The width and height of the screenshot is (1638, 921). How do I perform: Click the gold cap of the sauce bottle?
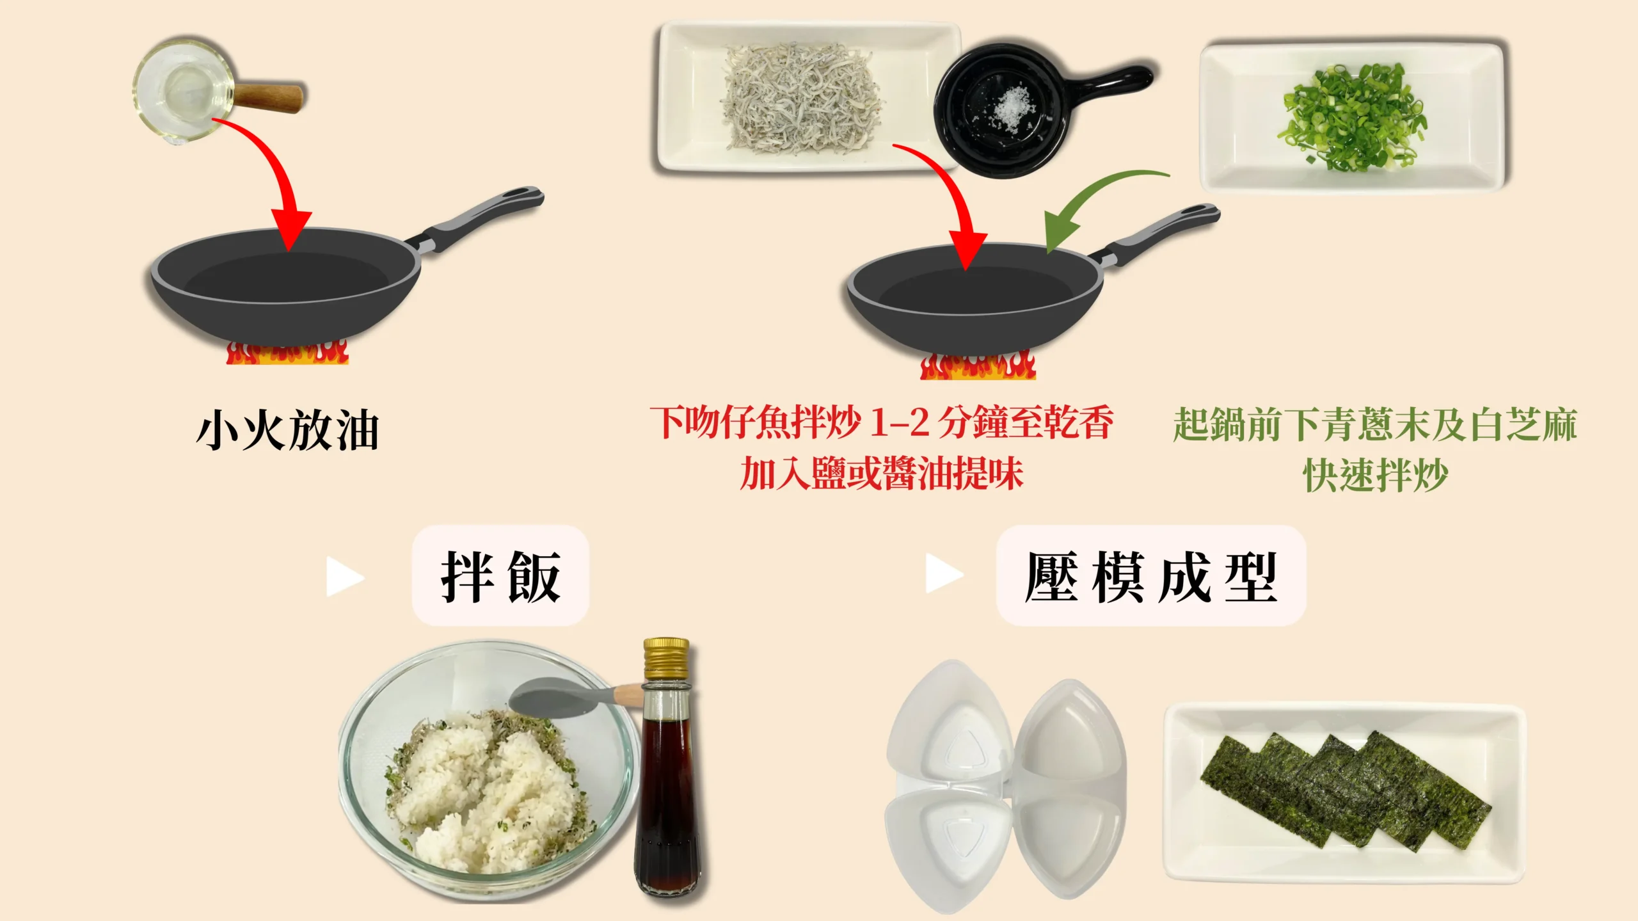tap(666, 657)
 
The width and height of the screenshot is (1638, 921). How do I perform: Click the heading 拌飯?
tap(500, 576)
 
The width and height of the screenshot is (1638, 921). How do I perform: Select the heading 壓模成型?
tap(1150, 576)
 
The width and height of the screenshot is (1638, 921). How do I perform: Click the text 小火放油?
tap(288, 430)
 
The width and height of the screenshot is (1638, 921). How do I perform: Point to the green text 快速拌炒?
tap(1376, 475)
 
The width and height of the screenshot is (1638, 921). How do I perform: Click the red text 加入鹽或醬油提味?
tap(882, 474)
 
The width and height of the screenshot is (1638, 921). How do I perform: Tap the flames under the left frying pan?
tap(287, 353)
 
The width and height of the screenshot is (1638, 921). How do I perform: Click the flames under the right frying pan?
tap(978, 366)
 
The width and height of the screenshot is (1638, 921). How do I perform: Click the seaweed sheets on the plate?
tap(1344, 790)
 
